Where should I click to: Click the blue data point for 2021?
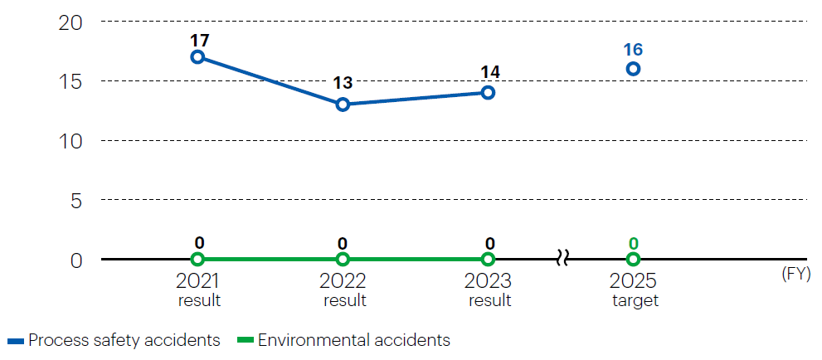click(x=197, y=57)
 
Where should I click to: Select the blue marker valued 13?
click(x=343, y=105)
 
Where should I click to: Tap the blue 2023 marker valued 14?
click(x=488, y=93)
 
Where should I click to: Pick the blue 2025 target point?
click(x=633, y=69)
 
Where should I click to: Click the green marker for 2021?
click(x=197, y=260)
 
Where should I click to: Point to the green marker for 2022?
click(x=343, y=260)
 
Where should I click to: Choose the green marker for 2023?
click(x=488, y=260)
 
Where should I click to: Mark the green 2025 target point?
click(x=633, y=260)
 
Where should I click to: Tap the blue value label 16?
click(x=633, y=49)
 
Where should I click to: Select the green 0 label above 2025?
click(x=633, y=243)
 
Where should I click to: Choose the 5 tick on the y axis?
click(x=76, y=200)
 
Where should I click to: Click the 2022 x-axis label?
click(x=343, y=280)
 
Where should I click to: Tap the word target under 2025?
click(x=635, y=300)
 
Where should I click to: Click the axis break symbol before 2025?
click(x=562, y=260)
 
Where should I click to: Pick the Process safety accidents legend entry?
click(x=114, y=340)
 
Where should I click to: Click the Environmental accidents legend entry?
click(x=343, y=340)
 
